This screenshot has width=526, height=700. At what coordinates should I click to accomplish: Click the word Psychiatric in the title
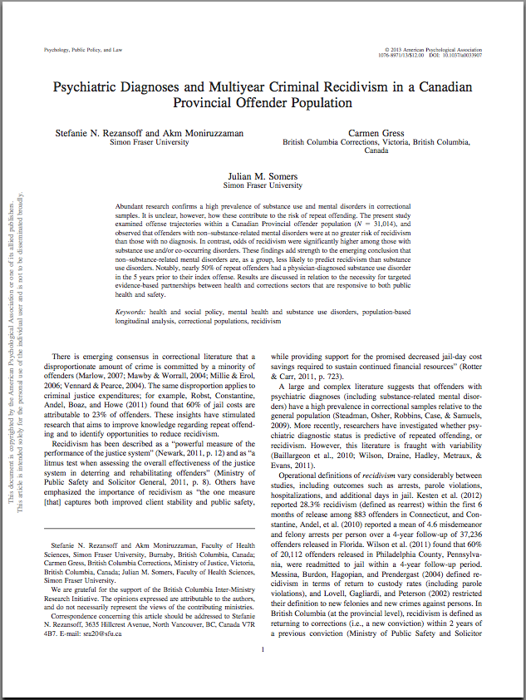89,86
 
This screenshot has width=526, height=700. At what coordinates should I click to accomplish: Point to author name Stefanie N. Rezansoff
94,132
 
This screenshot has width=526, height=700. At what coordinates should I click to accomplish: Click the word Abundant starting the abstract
133,205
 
